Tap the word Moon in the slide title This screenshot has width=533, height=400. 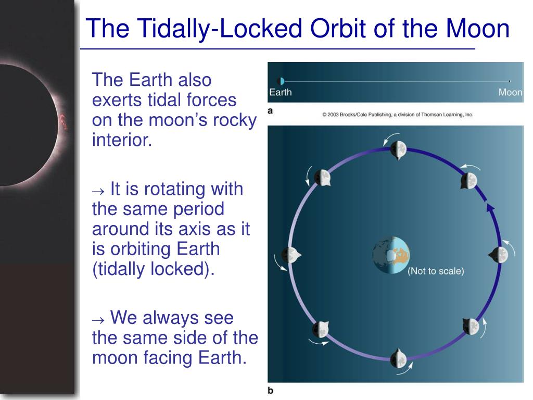[x=478, y=28]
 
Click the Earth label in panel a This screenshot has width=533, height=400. [x=281, y=92]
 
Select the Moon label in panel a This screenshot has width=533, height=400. [x=510, y=92]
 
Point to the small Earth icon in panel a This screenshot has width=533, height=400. [x=281, y=81]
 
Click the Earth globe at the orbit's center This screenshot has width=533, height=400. [x=391, y=255]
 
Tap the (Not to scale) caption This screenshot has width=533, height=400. [x=436, y=271]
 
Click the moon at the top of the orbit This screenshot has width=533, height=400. [x=398, y=149]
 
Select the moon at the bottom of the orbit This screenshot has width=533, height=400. [x=398, y=359]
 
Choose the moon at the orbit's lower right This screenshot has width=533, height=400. [x=471, y=327]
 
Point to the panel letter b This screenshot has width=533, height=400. [x=271, y=391]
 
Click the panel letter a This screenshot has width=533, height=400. [x=270, y=111]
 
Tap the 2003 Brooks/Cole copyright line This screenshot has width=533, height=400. [x=398, y=115]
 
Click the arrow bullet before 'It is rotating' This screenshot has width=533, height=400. [x=98, y=191]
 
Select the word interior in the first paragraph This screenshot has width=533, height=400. [x=122, y=140]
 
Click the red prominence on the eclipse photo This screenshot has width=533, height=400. [x=63, y=122]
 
